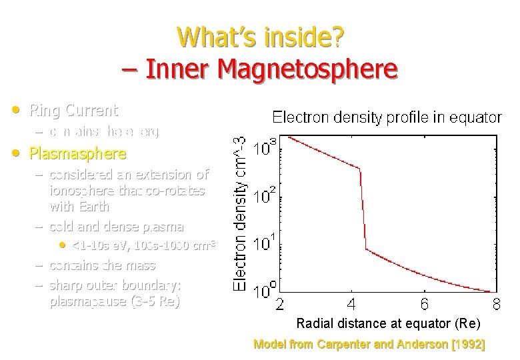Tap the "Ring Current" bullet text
pyautogui.click(x=73, y=110)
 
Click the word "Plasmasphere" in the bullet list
pyautogui.click(x=77, y=154)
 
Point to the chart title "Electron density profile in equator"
pyautogui.click(x=387, y=118)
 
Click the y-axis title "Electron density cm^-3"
pyautogui.click(x=241, y=212)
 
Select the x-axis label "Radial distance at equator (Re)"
pyautogui.click(x=387, y=324)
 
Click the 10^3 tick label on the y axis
pyautogui.click(x=264, y=148)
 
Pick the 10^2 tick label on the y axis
pyautogui.click(x=264, y=196)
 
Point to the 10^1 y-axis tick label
pyautogui.click(x=264, y=243)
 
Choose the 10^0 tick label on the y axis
pyautogui.click(x=264, y=291)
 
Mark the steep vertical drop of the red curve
pyautogui.click(x=363, y=210)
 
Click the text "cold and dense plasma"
pyautogui.click(x=117, y=227)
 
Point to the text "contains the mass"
pyautogui.click(x=103, y=265)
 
